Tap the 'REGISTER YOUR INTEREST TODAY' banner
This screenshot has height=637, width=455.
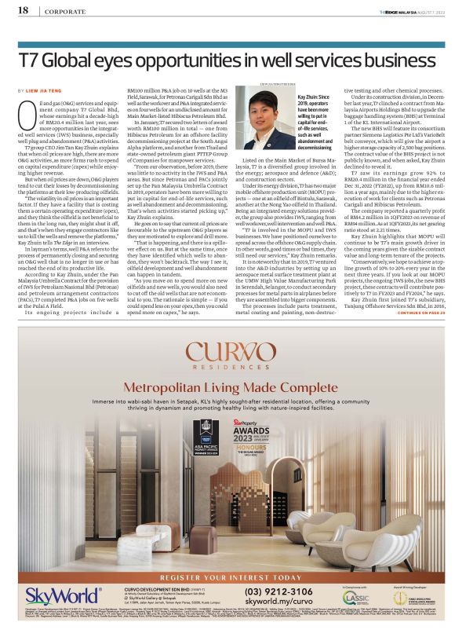227,575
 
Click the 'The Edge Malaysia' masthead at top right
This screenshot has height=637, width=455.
409,10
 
